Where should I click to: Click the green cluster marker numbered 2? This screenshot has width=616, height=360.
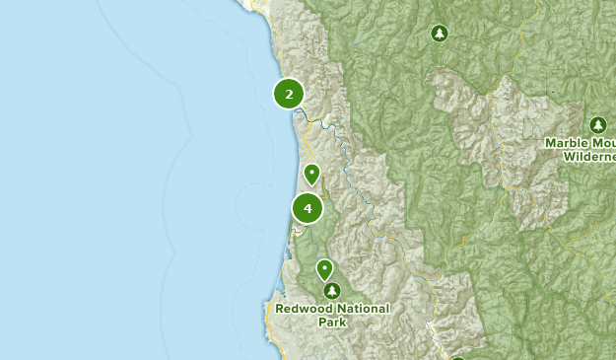(289, 95)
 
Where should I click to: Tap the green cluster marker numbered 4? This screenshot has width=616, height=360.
(308, 209)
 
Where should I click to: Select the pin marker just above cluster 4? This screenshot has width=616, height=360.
(311, 175)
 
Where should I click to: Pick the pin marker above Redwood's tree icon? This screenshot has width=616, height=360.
(324, 269)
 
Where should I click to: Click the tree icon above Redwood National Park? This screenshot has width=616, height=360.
(332, 291)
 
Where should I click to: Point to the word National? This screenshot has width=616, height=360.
(361, 309)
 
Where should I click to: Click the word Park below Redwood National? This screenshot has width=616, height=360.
(332, 322)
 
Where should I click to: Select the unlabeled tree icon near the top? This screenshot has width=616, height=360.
(439, 35)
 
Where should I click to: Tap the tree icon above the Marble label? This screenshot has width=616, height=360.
(597, 125)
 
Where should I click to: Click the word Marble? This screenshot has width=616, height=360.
(566, 143)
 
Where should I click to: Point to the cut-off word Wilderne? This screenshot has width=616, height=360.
(582, 156)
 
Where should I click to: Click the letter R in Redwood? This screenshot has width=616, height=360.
(280, 309)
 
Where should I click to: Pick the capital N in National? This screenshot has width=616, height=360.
(340, 309)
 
